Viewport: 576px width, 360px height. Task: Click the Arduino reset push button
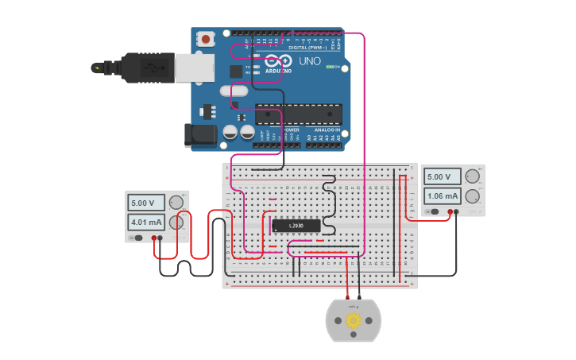(x=207, y=37)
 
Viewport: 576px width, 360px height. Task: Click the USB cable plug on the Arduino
(x=147, y=68)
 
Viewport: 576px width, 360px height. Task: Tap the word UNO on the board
(x=309, y=60)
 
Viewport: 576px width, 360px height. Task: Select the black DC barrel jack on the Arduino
(x=200, y=135)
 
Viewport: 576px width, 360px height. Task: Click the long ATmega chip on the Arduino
(x=298, y=114)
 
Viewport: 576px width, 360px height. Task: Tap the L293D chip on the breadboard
(x=296, y=226)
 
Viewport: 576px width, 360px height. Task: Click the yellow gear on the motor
(x=354, y=320)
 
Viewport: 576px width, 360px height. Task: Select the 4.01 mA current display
(x=147, y=223)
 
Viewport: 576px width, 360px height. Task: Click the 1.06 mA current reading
(x=443, y=195)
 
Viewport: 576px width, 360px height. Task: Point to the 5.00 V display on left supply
(x=147, y=203)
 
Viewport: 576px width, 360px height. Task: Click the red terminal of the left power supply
(x=154, y=238)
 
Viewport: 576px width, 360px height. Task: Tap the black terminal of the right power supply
(x=457, y=211)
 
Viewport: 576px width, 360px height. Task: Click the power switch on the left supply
(x=137, y=238)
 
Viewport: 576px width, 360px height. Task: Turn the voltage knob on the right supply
(x=473, y=176)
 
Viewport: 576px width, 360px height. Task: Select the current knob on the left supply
(x=176, y=223)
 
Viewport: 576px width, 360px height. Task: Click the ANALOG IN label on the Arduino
(x=327, y=130)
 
